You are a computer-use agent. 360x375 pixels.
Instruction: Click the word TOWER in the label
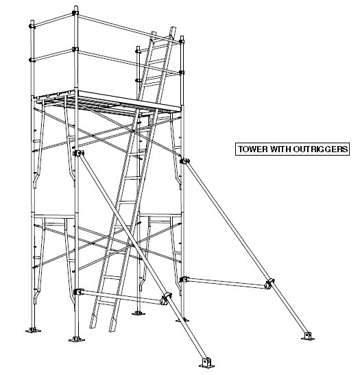250,148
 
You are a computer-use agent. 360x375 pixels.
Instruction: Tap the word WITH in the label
275,148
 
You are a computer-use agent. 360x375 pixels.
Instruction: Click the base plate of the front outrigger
204,361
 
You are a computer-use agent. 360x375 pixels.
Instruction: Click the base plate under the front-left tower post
76,339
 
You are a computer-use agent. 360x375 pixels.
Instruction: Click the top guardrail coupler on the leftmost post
30,25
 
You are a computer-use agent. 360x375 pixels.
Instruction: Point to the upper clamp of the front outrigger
78,154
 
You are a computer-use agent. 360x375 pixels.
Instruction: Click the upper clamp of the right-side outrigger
184,161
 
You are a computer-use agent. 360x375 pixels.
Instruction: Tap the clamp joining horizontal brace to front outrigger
165,298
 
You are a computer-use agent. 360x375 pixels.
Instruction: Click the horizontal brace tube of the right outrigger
226,280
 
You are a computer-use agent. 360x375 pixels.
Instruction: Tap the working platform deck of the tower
130,99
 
